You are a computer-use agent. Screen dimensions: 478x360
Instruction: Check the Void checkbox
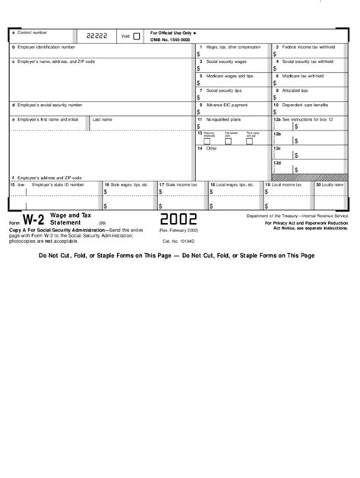(137, 36)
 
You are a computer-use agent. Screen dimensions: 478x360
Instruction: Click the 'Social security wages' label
(226, 61)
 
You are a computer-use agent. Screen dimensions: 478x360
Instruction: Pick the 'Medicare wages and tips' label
(229, 76)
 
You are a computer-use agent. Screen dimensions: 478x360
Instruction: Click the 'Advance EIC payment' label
(226, 104)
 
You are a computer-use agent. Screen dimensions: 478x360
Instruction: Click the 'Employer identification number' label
(45, 48)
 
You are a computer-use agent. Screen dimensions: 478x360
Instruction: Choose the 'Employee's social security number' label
(47, 104)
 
